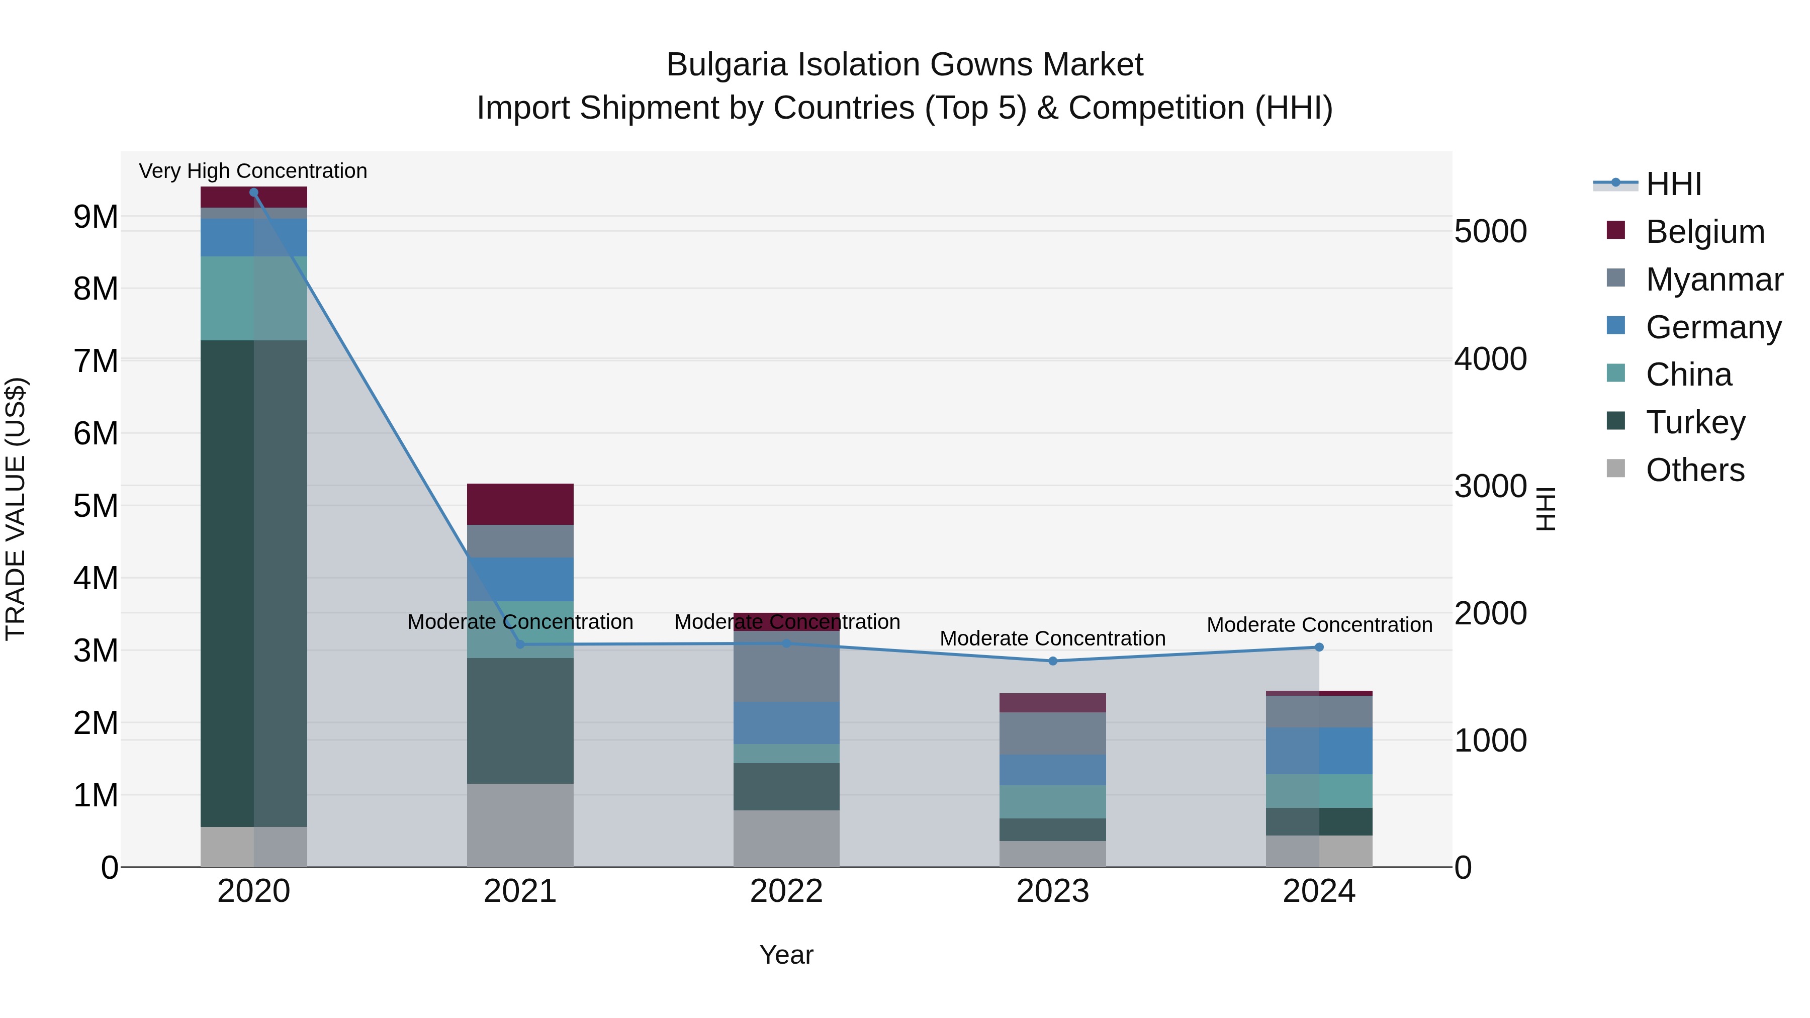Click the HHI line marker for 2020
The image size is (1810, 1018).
pos(254,193)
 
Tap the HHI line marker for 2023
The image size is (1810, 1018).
pos(1052,661)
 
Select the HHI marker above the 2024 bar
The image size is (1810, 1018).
pos(1319,647)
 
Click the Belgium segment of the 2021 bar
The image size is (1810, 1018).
pos(520,504)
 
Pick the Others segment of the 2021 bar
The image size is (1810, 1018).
pos(520,825)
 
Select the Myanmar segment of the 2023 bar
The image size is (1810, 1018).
pos(1052,733)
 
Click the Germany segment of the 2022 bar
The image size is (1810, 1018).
pos(786,722)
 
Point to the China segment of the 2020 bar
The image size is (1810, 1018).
pos(254,298)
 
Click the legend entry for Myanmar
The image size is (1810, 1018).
pos(1714,280)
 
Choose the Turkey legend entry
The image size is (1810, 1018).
pos(1695,422)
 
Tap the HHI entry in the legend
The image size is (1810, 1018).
pos(1673,184)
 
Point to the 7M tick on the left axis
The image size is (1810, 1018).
pos(96,361)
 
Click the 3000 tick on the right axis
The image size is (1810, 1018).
pos(1490,486)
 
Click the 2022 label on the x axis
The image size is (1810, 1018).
pos(786,891)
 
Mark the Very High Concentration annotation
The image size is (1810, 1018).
pos(253,171)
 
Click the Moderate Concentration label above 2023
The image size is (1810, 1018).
pos(1052,638)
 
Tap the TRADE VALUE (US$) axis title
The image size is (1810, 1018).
pos(16,509)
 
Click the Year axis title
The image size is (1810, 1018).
pos(786,955)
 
